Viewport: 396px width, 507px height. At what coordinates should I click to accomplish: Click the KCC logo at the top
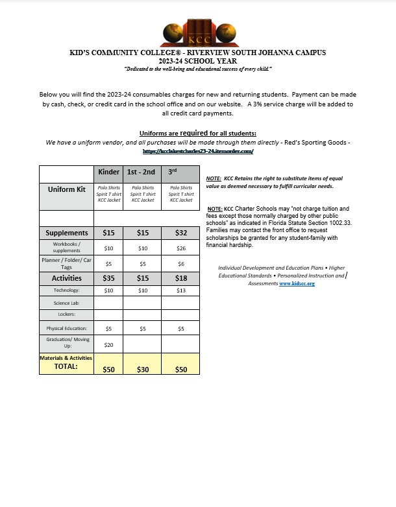point(197,32)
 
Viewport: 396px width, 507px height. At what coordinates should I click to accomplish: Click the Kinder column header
point(108,172)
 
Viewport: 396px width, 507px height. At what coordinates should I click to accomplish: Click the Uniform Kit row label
point(67,190)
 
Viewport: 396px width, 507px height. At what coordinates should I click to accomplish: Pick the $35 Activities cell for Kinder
point(108,278)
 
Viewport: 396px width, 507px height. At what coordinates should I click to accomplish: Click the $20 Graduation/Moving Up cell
point(108,344)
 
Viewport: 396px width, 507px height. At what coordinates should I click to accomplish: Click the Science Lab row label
point(67,303)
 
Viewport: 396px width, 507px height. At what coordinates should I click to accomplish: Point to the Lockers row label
point(67,315)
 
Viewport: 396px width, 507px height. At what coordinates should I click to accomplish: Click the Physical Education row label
point(67,328)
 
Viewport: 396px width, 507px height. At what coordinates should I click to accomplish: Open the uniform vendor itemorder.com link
point(197,150)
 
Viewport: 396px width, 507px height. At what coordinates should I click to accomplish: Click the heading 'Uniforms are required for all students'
point(197,134)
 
